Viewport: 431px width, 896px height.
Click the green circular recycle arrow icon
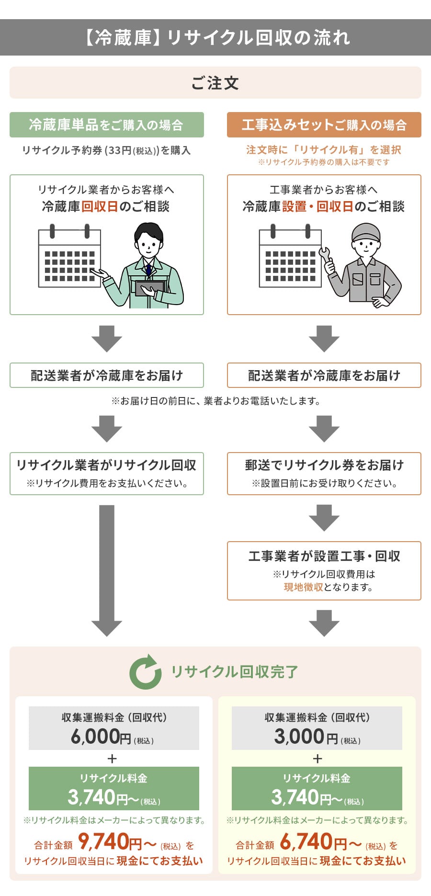[x=145, y=672]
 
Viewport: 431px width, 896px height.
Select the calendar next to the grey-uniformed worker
[x=290, y=257]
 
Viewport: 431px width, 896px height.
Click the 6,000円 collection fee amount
[x=101, y=737]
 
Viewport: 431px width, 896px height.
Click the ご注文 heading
[x=215, y=83]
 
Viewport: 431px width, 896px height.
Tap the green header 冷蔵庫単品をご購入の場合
[x=106, y=125]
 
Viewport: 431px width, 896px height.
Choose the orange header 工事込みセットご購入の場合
[x=324, y=125]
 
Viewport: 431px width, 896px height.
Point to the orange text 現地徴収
[x=303, y=587]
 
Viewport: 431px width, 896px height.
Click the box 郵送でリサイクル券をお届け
[x=324, y=473]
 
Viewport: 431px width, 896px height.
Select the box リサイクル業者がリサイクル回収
[x=106, y=473]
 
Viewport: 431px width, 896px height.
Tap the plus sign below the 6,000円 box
[x=113, y=759]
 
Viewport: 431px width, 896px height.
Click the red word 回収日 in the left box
[x=100, y=206]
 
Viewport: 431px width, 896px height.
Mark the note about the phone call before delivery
[x=215, y=401]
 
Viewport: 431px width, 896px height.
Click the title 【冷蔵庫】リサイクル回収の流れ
[x=215, y=37]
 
